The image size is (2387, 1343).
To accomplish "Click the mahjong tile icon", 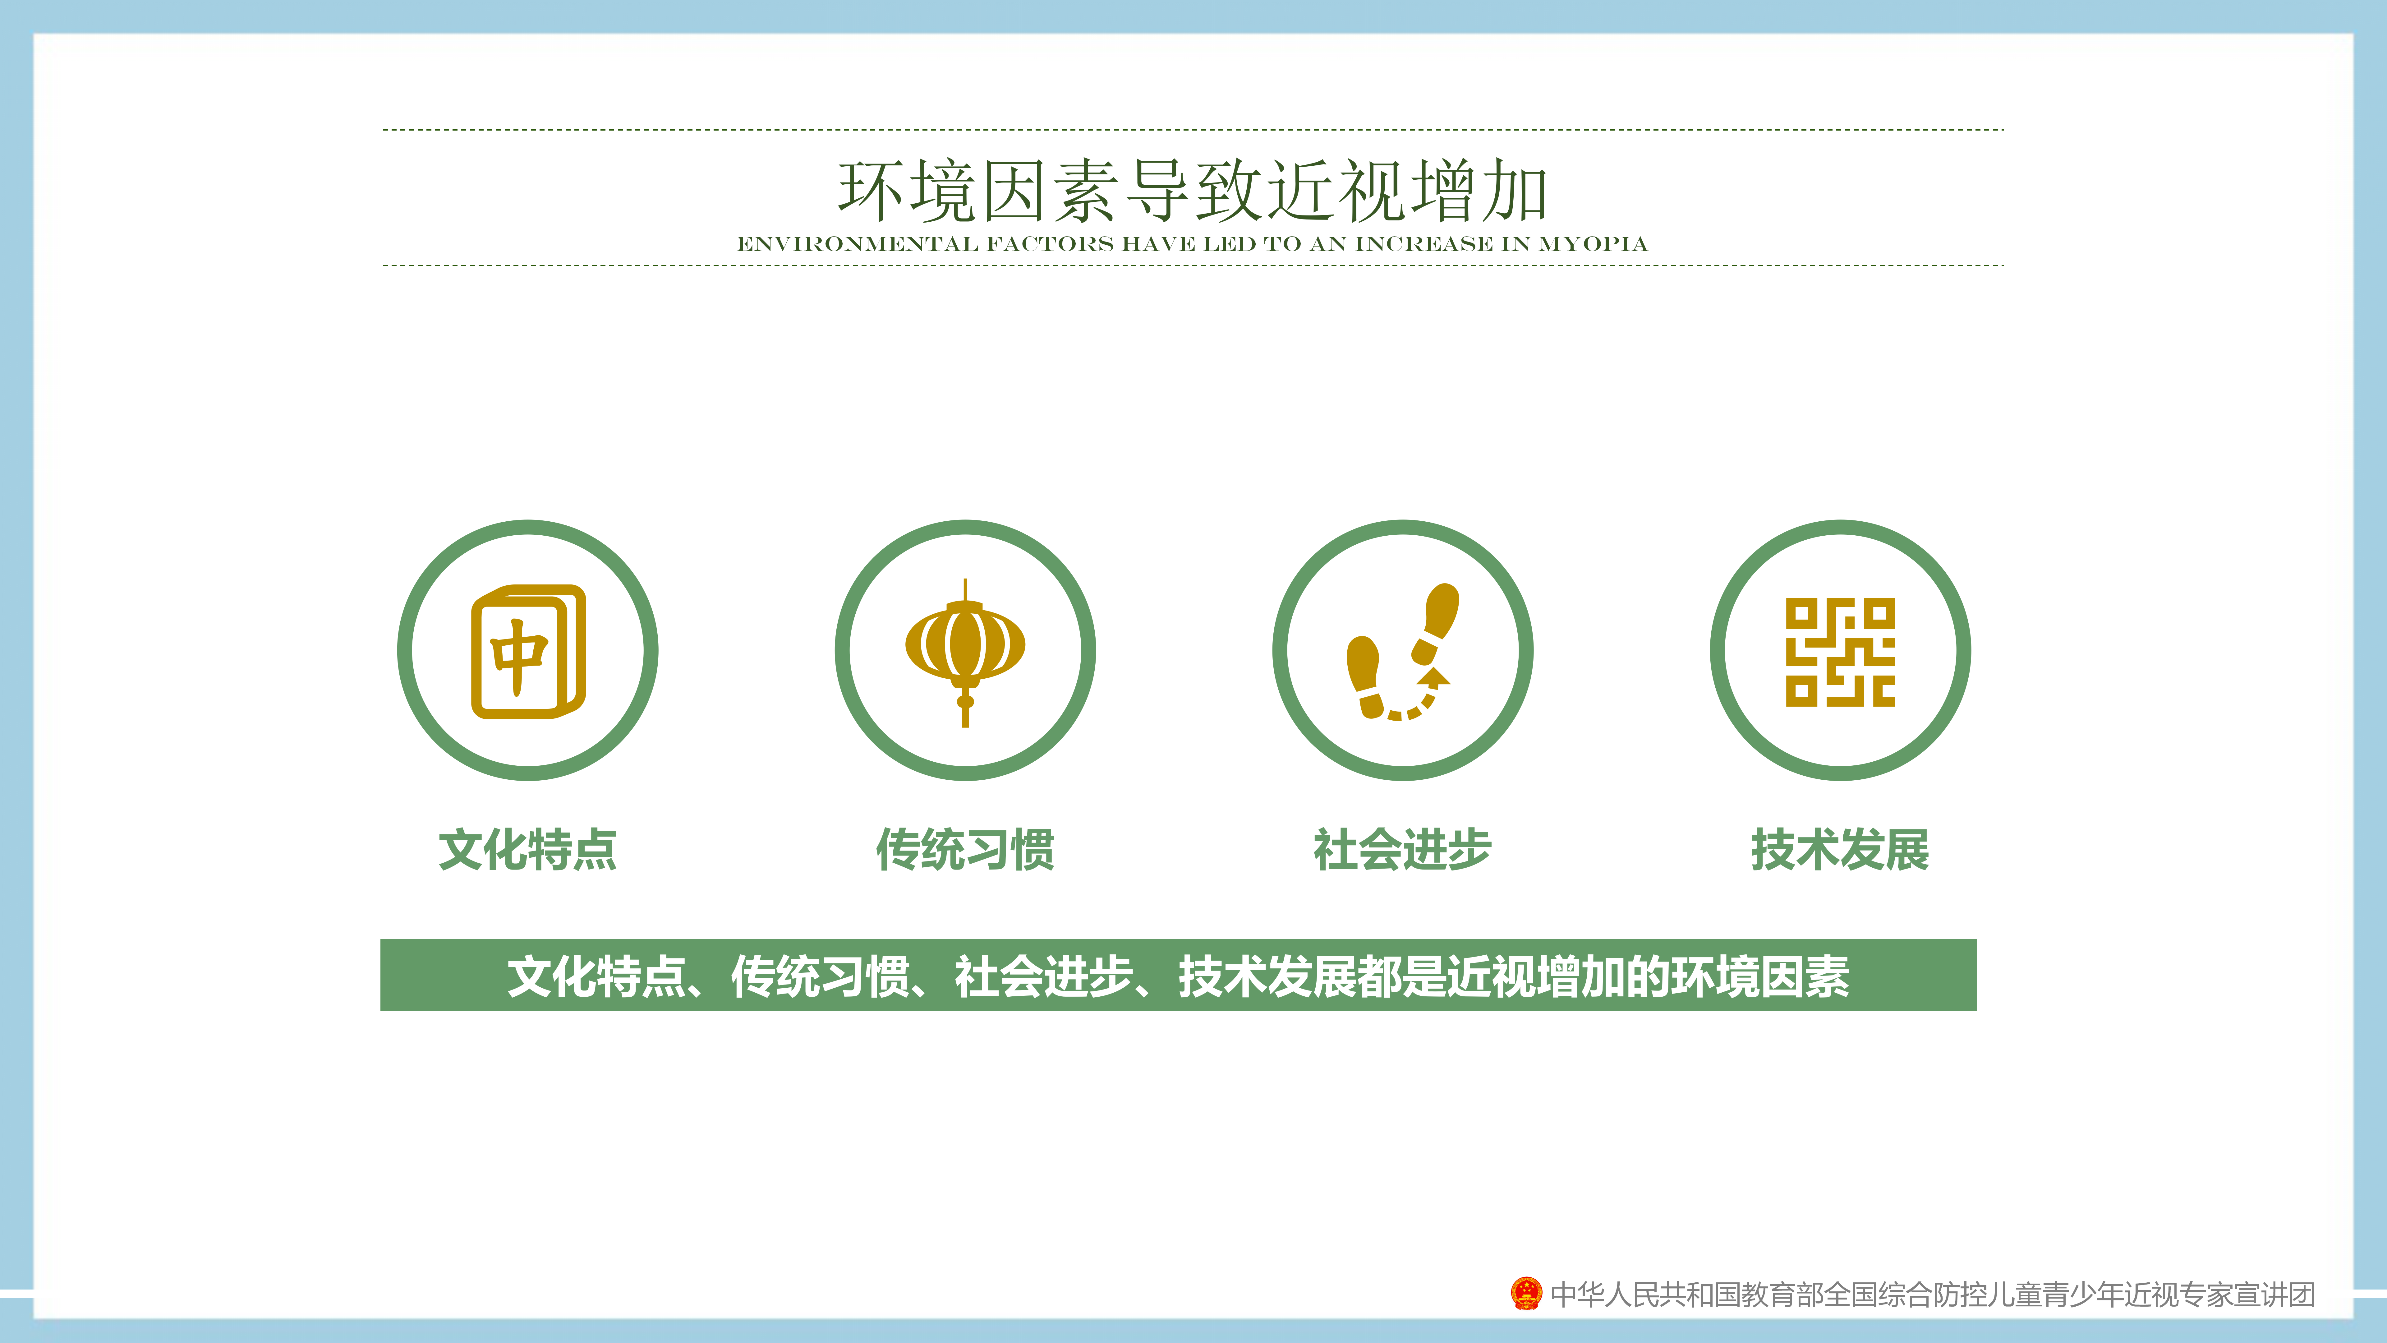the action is (528, 651).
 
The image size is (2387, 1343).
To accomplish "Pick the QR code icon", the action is (1840, 652).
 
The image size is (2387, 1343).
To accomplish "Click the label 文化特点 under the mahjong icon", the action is (528, 849).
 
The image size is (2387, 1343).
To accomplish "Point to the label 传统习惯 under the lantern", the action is (966, 849).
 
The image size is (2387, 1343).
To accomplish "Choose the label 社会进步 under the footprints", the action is (1403, 849).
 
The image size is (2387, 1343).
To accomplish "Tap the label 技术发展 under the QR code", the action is (1840, 849).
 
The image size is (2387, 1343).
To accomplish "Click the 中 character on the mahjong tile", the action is (519, 656).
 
